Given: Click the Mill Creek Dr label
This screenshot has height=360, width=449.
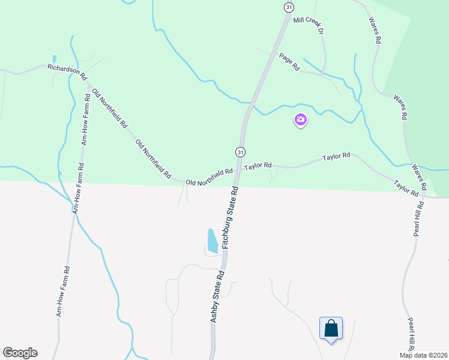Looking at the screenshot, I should [308, 24].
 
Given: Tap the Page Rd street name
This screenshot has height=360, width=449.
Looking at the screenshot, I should [289, 62].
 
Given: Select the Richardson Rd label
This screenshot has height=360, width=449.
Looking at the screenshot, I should [67, 72].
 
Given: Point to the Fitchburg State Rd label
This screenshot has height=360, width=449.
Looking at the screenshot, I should [231, 217].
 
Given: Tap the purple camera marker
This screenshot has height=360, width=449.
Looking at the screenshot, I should [301, 120].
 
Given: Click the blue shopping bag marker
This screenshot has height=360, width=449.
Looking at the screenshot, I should [331, 328].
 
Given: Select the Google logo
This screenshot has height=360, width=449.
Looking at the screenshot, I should [20, 353].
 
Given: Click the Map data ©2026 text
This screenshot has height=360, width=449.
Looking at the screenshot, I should [424, 355].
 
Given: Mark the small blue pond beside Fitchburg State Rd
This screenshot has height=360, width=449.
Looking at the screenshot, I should [212, 240].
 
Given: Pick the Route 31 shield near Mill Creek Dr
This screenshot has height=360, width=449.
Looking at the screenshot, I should [289, 7].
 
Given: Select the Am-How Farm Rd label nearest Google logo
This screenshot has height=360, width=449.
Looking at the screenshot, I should [63, 291].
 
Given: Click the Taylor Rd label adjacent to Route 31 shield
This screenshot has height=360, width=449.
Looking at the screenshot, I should [258, 165].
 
